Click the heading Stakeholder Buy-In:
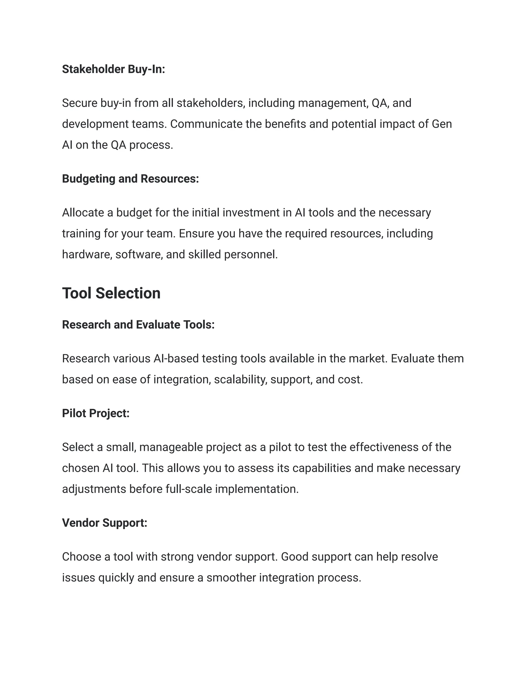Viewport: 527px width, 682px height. [x=113, y=69]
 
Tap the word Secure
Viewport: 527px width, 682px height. [x=80, y=103]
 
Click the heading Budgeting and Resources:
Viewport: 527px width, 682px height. [x=130, y=179]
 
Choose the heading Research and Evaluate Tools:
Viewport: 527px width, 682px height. [x=138, y=325]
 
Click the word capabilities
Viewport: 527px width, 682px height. [x=322, y=468]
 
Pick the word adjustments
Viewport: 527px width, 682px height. [x=94, y=489]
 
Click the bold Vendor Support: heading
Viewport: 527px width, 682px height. [x=104, y=523]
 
